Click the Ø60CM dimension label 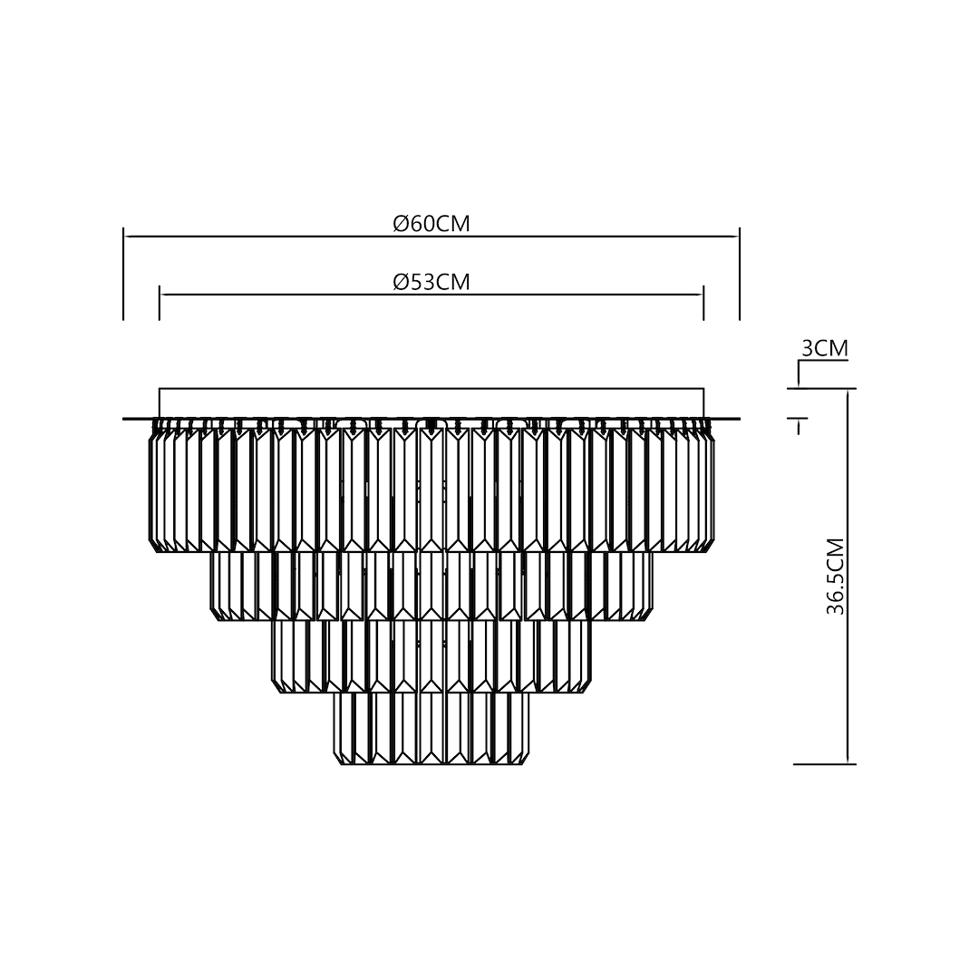point(431,224)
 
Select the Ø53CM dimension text point(431,282)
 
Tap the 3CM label point(825,348)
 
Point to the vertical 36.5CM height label point(836,577)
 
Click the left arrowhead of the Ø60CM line point(128,237)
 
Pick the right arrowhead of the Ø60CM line point(735,237)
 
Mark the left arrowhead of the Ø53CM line point(164,295)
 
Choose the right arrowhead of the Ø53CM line point(699,295)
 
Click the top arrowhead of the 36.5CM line point(847,394)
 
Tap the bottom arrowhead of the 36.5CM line point(847,760)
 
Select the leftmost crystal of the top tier point(152,489)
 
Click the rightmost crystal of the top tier point(710,489)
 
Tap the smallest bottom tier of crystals point(431,728)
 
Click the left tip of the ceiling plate point(125,419)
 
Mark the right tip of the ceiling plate point(738,419)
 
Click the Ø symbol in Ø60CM point(400,224)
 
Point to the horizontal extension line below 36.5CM point(824,764)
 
